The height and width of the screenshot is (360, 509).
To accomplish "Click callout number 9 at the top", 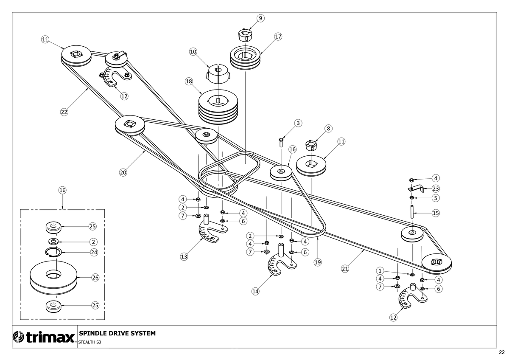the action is click(x=260, y=18).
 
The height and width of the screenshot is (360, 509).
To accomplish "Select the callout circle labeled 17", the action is click(x=278, y=37).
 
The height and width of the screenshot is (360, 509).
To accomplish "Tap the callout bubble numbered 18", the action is click(x=189, y=82).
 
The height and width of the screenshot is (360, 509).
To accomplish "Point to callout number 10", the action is click(x=193, y=52).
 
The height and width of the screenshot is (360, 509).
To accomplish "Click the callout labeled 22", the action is click(x=64, y=112).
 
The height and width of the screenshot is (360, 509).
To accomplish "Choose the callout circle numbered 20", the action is click(x=123, y=173).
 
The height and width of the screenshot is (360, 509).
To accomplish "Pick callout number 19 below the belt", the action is click(x=318, y=262).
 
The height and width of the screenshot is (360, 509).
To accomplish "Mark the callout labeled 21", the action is click(x=345, y=269).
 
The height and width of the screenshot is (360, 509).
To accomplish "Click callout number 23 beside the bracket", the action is click(x=436, y=188).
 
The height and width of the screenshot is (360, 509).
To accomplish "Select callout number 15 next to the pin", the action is click(x=436, y=213).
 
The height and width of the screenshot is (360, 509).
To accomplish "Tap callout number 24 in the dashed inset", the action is click(x=94, y=252).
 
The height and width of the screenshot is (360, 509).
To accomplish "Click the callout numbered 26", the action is click(x=95, y=278).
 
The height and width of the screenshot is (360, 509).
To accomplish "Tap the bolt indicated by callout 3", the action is click(x=281, y=142).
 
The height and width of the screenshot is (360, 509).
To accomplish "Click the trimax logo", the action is click(x=44, y=337).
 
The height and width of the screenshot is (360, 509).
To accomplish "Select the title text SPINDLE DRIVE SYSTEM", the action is click(x=117, y=333).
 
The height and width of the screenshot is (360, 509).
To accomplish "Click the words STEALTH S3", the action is click(x=89, y=342).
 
